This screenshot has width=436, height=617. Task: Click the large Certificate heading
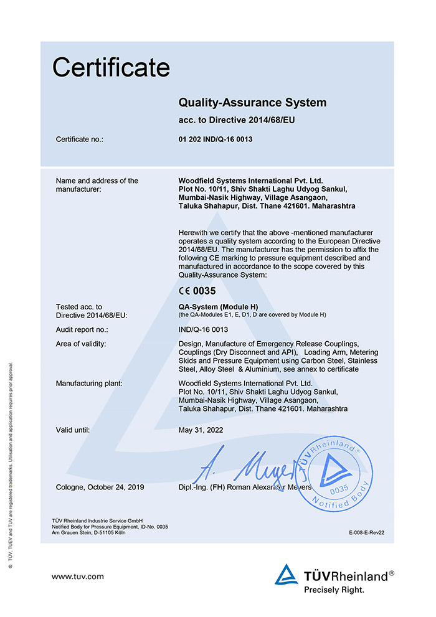click(x=111, y=67)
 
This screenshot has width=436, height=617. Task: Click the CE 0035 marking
click(x=199, y=290)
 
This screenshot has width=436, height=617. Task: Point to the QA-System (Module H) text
click(x=218, y=307)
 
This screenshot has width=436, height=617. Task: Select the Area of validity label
click(x=81, y=344)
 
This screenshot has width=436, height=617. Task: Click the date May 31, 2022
click(x=201, y=430)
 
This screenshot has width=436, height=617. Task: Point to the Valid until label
click(x=73, y=430)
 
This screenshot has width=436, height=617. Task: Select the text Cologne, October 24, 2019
click(x=100, y=487)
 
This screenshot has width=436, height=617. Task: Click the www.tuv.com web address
click(x=78, y=577)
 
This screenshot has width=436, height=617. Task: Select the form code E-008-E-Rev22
click(x=367, y=534)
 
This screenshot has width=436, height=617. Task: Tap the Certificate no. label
click(x=79, y=139)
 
